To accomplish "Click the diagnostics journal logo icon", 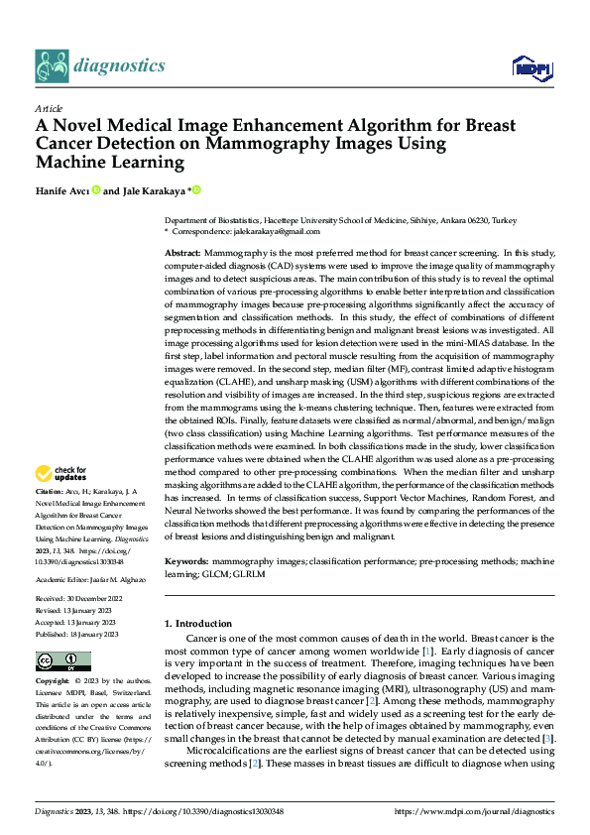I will (x=52, y=65).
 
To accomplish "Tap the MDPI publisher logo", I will (x=531, y=66).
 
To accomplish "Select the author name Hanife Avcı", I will (x=60, y=190).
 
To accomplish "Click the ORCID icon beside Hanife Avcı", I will (x=96, y=190).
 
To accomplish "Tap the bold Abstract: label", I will (x=184, y=255).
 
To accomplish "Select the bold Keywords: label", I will (x=186, y=560).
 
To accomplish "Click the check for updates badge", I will (x=60, y=473).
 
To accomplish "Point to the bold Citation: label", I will (x=50, y=491).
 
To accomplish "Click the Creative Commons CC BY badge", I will (x=63, y=660).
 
